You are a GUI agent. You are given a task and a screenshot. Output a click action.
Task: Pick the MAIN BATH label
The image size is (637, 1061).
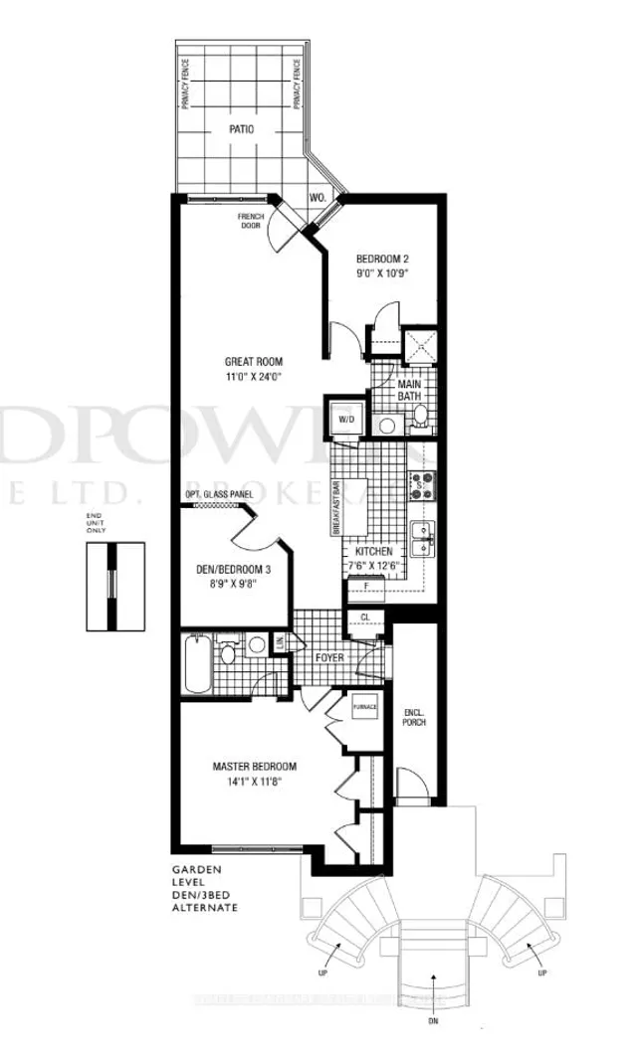point(410,390)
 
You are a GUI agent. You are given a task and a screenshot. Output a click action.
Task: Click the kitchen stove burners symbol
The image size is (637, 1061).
point(420,484)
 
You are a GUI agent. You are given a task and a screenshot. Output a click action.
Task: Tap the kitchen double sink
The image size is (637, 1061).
point(422,537)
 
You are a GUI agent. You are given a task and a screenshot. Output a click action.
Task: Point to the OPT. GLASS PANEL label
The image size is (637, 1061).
point(219,494)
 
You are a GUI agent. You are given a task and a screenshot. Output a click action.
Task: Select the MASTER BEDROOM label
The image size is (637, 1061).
point(254,767)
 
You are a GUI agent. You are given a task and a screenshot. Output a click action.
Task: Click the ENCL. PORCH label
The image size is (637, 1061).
point(415,717)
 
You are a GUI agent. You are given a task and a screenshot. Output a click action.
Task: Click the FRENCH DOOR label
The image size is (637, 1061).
point(250,220)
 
